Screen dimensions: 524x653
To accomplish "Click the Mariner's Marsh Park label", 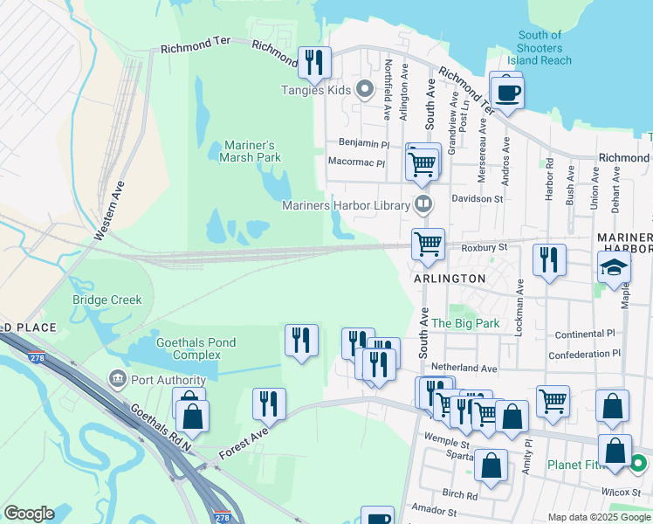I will tap(250, 151).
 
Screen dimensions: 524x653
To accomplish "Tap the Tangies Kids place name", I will tap(315, 90).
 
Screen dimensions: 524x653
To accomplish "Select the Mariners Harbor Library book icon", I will tap(423, 205).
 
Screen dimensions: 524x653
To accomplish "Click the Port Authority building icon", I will tap(116, 379).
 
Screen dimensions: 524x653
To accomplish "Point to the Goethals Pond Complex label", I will tap(196, 348).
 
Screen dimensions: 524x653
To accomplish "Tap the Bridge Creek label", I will tap(107, 300).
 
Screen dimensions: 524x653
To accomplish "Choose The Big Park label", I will tap(465, 323).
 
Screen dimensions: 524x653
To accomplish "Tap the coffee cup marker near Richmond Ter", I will tap(506, 91).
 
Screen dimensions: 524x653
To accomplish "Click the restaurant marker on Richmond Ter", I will tap(314, 61).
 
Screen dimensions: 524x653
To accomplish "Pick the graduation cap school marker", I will tap(615, 266).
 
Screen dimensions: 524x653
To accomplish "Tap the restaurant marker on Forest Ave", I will tap(269, 403).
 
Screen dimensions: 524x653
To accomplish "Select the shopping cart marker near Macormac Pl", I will tap(423, 162).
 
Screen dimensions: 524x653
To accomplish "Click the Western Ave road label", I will tap(111, 210).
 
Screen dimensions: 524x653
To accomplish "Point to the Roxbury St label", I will tap(485, 248).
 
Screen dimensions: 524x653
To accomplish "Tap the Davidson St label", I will tap(478, 199).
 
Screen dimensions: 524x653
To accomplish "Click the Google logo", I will tap(29, 514).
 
